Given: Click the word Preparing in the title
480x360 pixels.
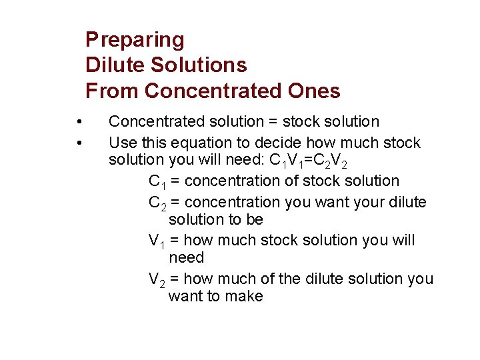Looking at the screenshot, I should [135, 40].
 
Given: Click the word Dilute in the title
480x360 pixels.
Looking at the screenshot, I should [115, 65].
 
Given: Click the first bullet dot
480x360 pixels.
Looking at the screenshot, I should [79, 122].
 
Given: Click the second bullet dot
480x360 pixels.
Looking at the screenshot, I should [79, 143].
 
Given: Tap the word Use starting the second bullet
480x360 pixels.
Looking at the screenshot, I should [121, 143].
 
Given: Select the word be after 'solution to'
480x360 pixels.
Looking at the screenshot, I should [254, 220].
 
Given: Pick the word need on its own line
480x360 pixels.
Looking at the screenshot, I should [186, 258].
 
